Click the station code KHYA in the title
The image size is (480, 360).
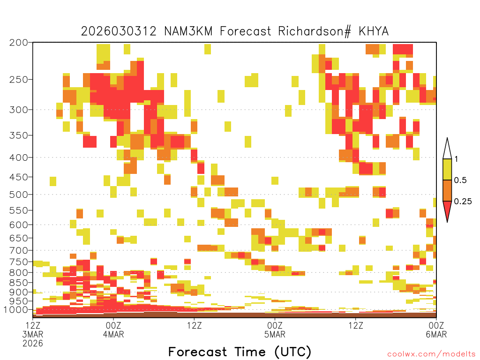(x=374, y=31)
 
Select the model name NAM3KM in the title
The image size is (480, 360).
(x=188, y=31)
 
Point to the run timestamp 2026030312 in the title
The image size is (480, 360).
(x=119, y=31)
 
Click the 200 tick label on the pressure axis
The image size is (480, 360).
(x=19, y=43)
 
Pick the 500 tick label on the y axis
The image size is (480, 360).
(x=19, y=195)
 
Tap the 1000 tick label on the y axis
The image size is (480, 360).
(x=15, y=310)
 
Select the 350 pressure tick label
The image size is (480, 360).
(x=19, y=135)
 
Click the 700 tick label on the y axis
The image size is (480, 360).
(x=19, y=251)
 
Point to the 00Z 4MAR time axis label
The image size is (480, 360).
(x=113, y=330)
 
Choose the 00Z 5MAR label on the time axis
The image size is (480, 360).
(x=275, y=330)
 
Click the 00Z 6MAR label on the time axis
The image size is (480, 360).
(x=436, y=330)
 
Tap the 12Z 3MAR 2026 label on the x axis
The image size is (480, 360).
(x=33, y=334)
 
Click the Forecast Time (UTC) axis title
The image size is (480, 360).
(x=240, y=352)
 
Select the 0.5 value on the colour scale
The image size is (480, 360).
(x=460, y=180)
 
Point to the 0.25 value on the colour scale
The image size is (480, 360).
(x=463, y=202)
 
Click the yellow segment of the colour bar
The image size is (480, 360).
(x=447, y=169)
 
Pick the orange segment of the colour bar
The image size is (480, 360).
(x=447, y=190)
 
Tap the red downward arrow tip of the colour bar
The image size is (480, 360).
(x=447, y=222)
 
